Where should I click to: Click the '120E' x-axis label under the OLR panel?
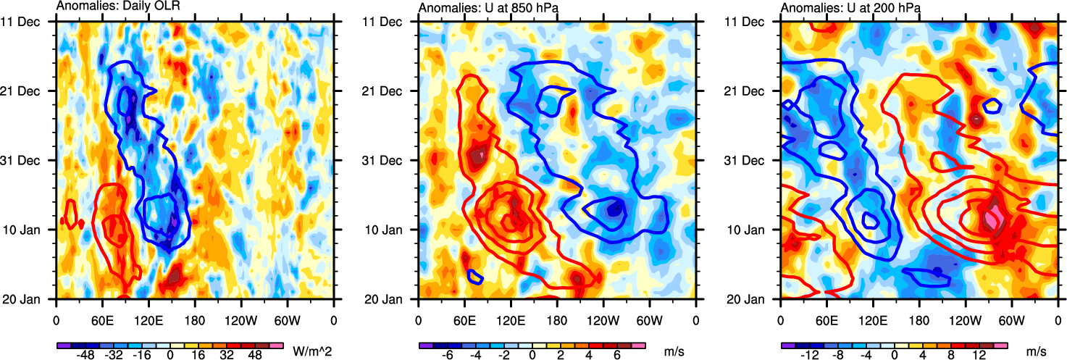click(148, 318)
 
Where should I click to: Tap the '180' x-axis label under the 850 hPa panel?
click(557, 318)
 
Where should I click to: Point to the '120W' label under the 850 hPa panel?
click(603, 318)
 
